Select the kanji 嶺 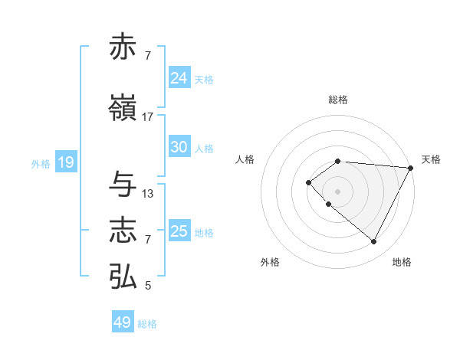(123, 107)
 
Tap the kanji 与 (123, 184)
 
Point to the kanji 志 (123, 230)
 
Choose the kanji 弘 (123, 276)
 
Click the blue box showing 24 (179, 78)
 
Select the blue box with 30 (179, 147)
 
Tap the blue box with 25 (179, 231)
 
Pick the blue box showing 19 (65, 162)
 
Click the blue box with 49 (122, 322)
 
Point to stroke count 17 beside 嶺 (148, 117)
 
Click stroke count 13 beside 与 (148, 194)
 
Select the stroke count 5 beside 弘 (148, 286)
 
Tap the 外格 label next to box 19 (40, 163)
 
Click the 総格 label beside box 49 (147, 323)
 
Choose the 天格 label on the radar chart (431, 159)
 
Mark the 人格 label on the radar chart (245, 159)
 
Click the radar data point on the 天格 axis (410, 167)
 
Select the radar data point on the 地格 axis (373, 241)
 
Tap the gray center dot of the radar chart (337, 190)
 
